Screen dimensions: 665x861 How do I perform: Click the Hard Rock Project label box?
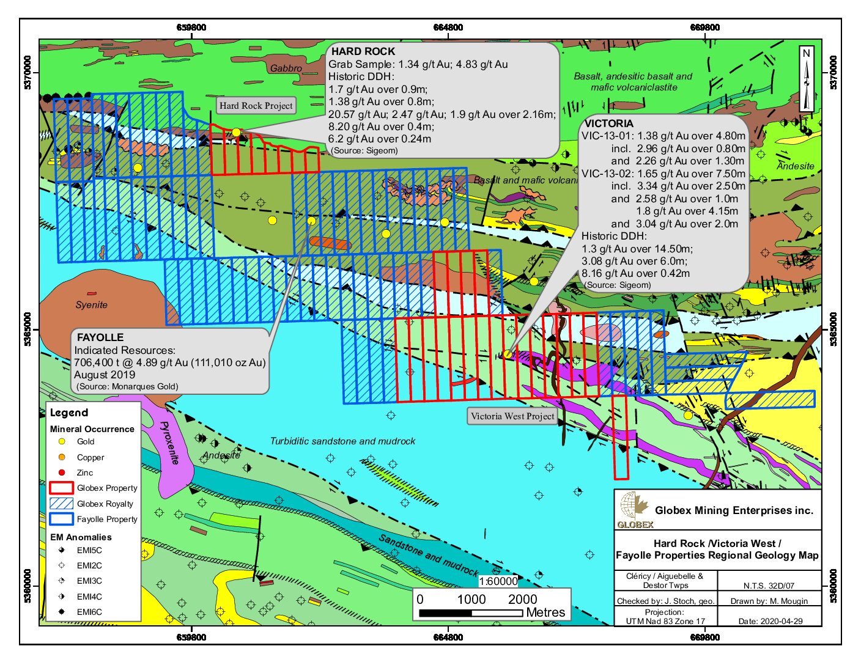[x=256, y=106]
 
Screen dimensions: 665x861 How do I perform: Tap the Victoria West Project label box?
[x=512, y=416]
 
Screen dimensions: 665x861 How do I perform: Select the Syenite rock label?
[x=91, y=305]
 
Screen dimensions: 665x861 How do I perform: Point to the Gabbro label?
[x=286, y=68]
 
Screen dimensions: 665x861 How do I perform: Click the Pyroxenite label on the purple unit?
[x=169, y=443]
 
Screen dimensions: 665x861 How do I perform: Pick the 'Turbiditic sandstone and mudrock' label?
[x=342, y=441]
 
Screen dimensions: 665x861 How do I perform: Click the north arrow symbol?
[x=807, y=79]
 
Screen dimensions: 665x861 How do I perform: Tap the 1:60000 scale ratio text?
[x=498, y=581]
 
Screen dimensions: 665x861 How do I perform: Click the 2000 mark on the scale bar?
[x=522, y=599]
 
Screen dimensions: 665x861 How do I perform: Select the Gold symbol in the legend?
[x=62, y=441]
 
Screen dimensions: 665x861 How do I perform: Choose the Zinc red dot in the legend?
[x=62, y=472]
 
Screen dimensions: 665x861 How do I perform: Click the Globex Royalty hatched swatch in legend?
[x=61, y=504]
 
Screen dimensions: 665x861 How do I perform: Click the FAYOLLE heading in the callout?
[x=100, y=337]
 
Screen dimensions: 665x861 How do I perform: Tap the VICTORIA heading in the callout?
[x=608, y=123]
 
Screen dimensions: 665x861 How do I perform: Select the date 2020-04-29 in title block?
[x=770, y=621]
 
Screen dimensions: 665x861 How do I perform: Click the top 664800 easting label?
[x=448, y=28]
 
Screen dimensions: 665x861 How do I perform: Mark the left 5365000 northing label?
[x=28, y=329]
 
